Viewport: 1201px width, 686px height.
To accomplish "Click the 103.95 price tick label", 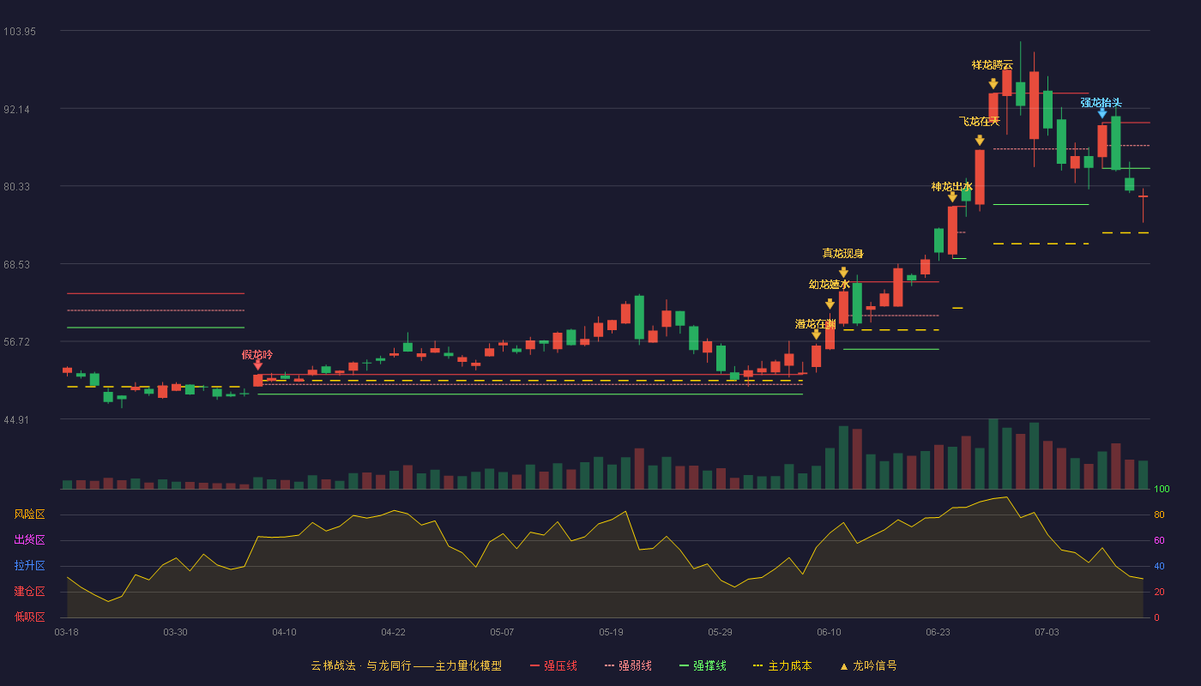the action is [20, 32].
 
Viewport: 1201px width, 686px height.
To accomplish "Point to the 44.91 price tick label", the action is [16, 420].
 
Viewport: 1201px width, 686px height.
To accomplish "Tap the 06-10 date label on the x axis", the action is [829, 633].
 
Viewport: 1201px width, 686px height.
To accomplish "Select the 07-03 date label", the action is [1047, 633].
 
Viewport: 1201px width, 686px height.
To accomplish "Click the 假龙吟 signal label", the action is [257, 355].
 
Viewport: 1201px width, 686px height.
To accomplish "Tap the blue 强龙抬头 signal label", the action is [1101, 103].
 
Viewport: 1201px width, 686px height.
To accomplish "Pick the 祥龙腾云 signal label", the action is [993, 65].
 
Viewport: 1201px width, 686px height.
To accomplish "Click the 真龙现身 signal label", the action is [842, 254].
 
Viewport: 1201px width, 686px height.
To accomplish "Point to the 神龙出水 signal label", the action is [951, 187].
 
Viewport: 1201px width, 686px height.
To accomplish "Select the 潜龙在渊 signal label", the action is [816, 324].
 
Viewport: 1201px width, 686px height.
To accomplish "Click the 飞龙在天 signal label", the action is [980, 122].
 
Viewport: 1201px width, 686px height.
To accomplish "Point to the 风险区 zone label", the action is [29, 514].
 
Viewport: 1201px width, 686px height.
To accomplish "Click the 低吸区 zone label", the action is [29, 617].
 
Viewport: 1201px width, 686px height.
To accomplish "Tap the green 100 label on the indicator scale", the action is [1162, 490].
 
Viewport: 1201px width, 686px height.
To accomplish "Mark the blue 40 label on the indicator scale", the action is [1159, 567].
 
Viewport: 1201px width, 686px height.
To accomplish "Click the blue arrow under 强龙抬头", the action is [1101, 113].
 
